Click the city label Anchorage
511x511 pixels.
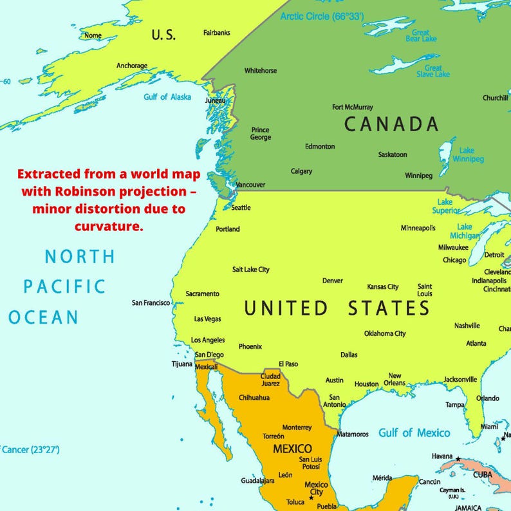(x=131, y=66)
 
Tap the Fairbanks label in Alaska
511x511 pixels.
(x=217, y=33)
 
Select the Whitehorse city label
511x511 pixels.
(x=260, y=71)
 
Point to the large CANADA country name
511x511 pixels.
(x=391, y=124)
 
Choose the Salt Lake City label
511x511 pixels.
(x=250, y=270)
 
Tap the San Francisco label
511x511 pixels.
(x=151, y=302)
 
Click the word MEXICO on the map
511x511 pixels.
(x=292, y=448)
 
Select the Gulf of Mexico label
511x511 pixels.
(x=414, y=432)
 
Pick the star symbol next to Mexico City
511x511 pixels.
(x=311, y=497)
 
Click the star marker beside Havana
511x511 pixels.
(x=458, y=459)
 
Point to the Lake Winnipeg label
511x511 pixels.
(x=467, y=155)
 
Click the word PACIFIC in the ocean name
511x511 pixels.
(x=64, y=286)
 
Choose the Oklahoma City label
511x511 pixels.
(x=385, y=333)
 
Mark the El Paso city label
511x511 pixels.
(x=288, y=364)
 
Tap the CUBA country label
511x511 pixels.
(x=482, y=474)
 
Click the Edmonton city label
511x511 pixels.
(x=320, y=146)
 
